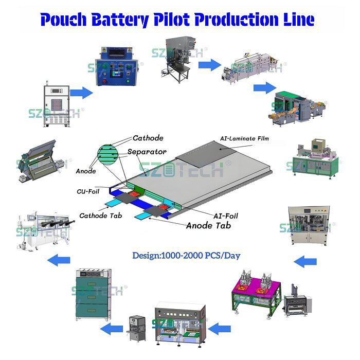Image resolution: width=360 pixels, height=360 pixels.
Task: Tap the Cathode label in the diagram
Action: pos(148,138)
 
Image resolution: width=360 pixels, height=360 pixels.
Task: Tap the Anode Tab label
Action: pos(208,225)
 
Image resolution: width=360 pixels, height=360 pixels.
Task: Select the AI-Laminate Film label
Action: pos(244,138)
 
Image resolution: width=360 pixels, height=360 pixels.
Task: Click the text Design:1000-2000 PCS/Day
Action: pos(186,255)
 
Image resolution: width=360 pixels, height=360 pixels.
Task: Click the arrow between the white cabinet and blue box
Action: pos(81,93)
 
